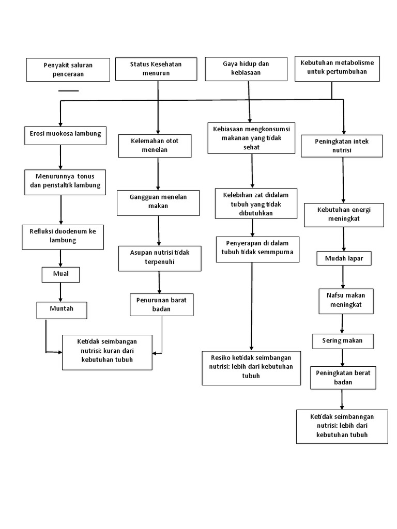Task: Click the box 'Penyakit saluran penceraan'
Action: point(68,69)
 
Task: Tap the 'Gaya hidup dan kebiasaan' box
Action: point(246,69)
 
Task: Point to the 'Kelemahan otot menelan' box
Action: point(155,146)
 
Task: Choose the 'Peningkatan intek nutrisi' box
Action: point(342,146)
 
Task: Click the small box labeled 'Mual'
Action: point(60,274)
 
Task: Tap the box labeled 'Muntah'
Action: point(62,310)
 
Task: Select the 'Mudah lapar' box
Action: point(344,258)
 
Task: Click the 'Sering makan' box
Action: point(342,341)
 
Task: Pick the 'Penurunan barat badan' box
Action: point(161,304)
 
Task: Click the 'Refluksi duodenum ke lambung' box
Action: point(62,236)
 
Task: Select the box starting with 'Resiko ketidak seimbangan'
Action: point(251,367)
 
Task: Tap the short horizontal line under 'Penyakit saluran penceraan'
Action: point(68,90)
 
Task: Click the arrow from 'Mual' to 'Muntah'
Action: point(60,292)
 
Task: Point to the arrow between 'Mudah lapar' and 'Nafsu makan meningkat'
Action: point(344,276)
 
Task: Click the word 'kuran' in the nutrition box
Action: point(112,352)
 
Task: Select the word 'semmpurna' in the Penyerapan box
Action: point(277,252)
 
